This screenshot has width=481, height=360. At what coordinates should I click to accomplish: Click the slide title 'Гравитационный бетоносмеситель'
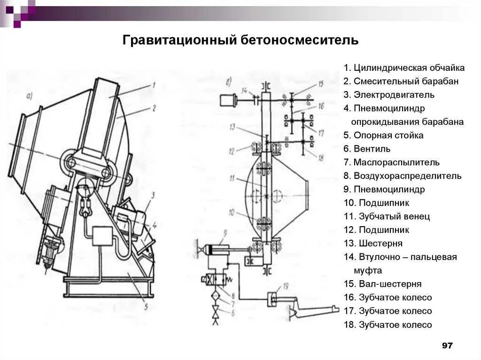240,40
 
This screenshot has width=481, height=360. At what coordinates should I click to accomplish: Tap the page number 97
447,345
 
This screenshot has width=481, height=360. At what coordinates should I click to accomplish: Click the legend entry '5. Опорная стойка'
383,136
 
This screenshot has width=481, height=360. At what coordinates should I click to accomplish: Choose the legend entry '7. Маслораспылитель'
391,163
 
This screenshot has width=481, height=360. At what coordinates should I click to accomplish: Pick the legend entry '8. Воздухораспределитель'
402,176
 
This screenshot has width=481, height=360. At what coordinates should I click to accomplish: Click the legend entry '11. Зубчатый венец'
387,217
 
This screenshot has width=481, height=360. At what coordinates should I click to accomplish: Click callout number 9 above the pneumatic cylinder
225,233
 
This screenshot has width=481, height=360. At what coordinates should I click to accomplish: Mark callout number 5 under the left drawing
146,308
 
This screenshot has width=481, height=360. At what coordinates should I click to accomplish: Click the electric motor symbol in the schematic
227,100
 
